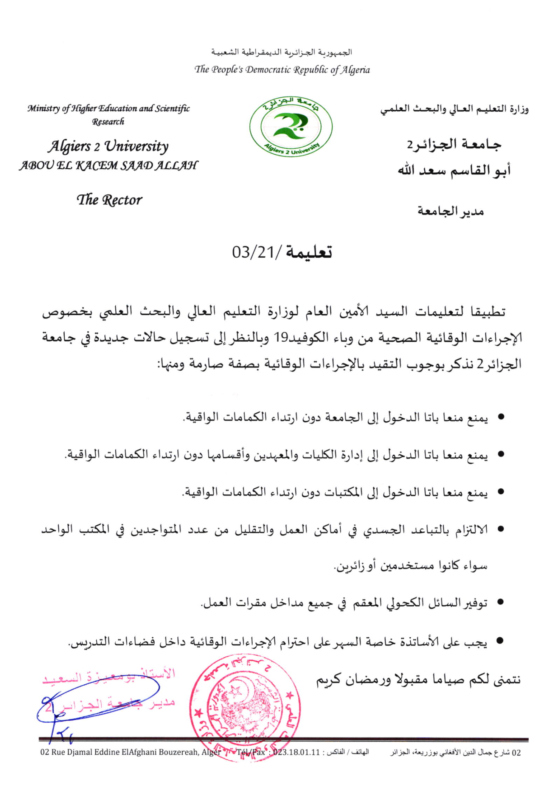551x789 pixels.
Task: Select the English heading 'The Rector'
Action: click(x=109, y=200)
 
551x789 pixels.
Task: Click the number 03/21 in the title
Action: click(x=257, y=252)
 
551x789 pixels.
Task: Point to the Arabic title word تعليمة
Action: click(x=309, y=252)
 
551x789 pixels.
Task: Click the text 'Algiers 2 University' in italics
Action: click(x=108, y=146)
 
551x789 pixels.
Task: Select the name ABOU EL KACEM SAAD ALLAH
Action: click(x=108, y=165)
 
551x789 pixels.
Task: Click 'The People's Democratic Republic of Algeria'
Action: click(x=282, y=70)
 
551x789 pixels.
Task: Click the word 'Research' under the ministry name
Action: click(x=108, y=121)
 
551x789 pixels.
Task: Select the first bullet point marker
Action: click(x=501, y=417)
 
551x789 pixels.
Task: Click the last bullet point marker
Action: click(x=500, y=641)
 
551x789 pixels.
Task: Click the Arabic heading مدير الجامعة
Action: click(x=450, y=211)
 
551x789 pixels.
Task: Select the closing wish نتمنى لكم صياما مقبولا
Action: click(x=446, y=680)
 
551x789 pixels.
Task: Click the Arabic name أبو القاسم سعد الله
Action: click(x=454, y=170)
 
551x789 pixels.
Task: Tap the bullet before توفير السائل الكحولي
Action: click(x=500, y=602)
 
